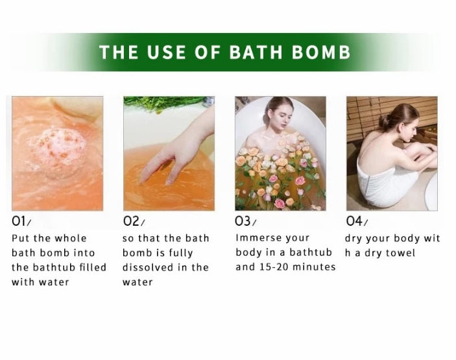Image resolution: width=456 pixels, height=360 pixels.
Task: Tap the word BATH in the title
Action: [x=256, y=52]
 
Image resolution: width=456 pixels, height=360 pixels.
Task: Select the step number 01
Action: [x=19, y=221]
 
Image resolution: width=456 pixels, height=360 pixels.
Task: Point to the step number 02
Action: [x=131, y=221]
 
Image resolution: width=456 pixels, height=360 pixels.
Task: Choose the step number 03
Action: [x=243, y=221]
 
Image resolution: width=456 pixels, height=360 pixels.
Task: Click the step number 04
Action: [x=354, y=221]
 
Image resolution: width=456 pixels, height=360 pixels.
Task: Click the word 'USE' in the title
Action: [x=166, y=52]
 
